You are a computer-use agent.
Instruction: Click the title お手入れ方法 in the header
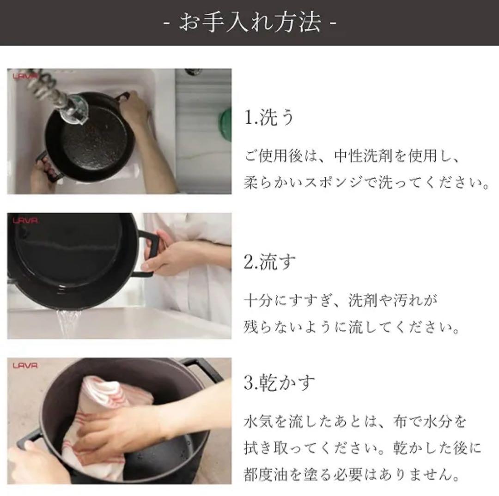(250, 23)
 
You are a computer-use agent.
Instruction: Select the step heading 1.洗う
(269, 118)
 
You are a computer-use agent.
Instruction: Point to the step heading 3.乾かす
(280, 382)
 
